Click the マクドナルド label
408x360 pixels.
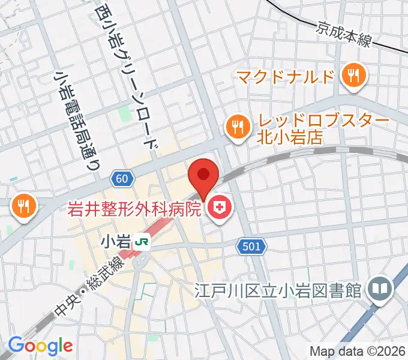[x=285, y=77]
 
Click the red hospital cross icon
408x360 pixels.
[x=220, y=209]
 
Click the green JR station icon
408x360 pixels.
[x=142, y=242]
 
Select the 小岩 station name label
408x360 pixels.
[x=116, y=242]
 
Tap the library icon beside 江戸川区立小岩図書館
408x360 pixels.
[x=380, y=289]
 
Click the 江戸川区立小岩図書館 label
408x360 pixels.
[x=277, y=290]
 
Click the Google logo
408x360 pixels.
[x=40, y=346]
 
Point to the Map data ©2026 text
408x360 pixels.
[x=358, y=351]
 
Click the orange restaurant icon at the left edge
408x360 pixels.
[x=24, y=207]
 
